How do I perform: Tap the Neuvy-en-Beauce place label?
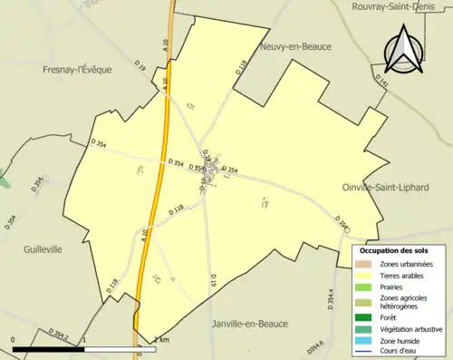point(294,46)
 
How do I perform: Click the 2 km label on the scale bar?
point(161,339)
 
